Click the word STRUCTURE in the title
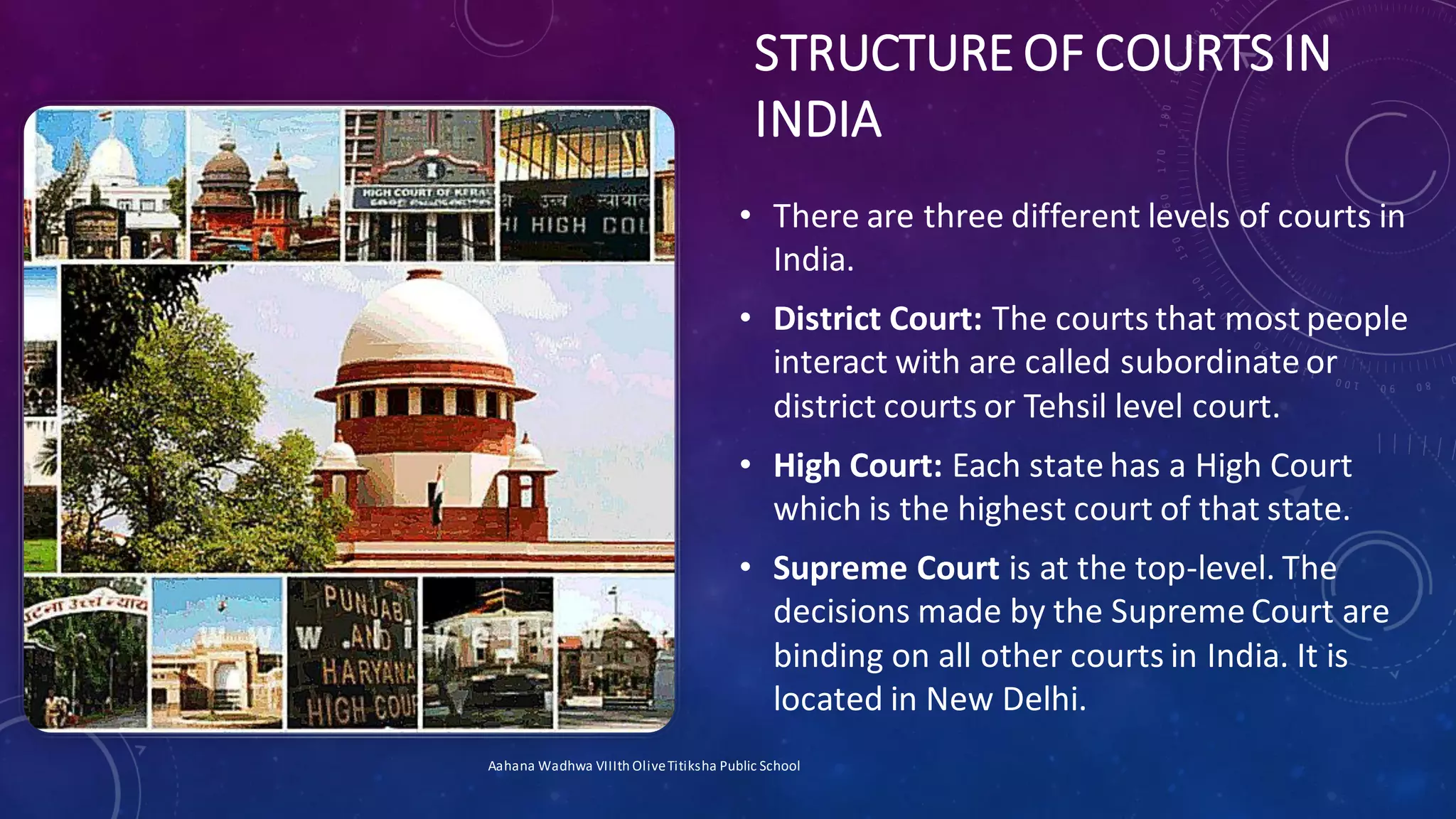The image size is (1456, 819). pyautogui.click(x=882, y=54)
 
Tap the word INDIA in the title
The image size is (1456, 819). pyautogui.click(x=818, y=119)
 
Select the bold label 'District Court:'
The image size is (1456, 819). pyautogui.click(x=877, y=318)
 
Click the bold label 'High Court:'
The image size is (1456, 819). pyautogui.click(x=857, y=466)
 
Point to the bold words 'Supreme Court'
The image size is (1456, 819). pyautogui.click(x=886, y=568)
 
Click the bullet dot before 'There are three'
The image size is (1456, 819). pyautogui.click(x=744, y=215)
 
